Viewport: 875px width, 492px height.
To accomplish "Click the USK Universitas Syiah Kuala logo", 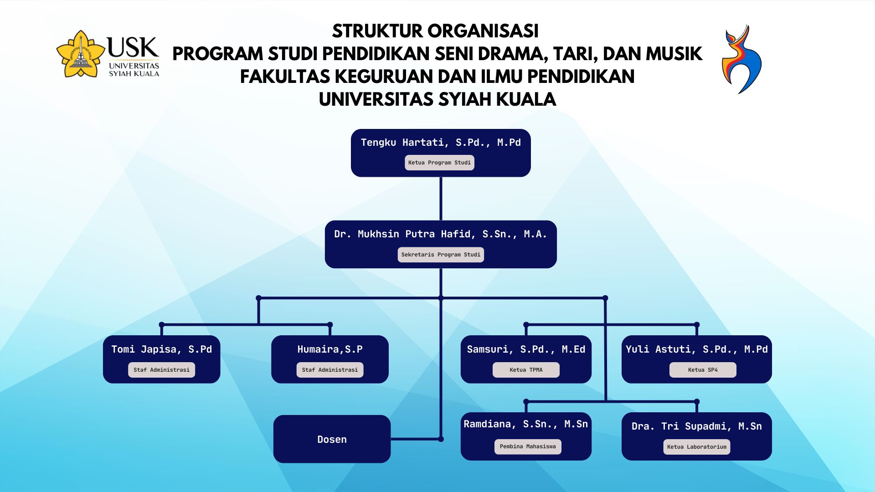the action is (108, 54).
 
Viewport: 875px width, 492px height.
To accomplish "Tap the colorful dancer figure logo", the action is (741, 59).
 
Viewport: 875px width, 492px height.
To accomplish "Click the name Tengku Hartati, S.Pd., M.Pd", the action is (441, 143).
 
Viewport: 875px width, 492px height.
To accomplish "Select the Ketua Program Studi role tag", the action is (439, 163).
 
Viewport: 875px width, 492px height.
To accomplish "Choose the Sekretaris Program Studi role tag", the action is (441, 255).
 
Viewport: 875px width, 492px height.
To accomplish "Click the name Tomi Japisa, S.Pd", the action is (162, 349).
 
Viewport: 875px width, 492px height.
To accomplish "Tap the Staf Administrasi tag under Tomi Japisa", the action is (161, 370).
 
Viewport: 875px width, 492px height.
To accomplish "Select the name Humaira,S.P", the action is (330, 349).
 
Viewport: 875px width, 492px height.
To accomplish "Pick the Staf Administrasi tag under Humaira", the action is (330, 370).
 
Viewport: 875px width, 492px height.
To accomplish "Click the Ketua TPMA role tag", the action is (526, 370).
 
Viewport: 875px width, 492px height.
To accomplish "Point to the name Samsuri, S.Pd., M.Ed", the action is (526, 349).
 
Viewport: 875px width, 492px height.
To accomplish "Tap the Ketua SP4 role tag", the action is (703, 370).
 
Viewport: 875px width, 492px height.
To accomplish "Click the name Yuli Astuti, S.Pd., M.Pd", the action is (697, 349).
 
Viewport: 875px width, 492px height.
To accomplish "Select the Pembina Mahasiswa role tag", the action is (528, 446).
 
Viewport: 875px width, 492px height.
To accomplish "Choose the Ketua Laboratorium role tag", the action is (697, 447).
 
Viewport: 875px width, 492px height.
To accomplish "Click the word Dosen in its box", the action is (332, 440).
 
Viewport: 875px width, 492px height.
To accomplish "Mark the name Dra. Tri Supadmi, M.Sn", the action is (697, 426).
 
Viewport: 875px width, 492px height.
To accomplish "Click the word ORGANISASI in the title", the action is (483, 31).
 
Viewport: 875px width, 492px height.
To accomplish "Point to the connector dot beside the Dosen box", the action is (441, 439).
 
